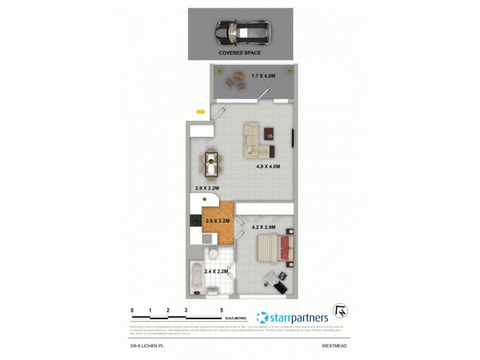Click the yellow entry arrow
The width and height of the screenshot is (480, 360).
click(x=201, y=111)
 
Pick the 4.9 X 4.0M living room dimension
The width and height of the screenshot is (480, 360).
click(x=268, y=166)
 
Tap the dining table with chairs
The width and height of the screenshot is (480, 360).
click(x=211, y=164)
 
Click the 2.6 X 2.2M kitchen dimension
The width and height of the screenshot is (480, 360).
click(x=218, y=221)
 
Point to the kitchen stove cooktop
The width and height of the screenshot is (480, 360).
click(x=196, y=221)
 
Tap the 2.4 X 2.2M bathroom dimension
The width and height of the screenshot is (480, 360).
click(x=217, y=271)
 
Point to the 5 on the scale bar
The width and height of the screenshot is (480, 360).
click(x=222, y=310)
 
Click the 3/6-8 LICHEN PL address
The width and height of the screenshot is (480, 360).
click(x=148, y=346)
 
